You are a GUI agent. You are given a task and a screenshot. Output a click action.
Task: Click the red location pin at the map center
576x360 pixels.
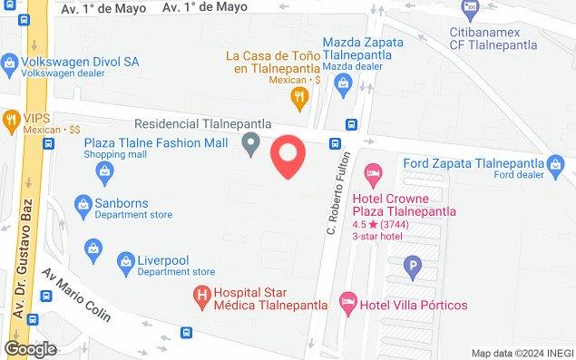coord(288,155)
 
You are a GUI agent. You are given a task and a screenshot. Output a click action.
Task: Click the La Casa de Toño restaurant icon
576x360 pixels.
coord(296,95)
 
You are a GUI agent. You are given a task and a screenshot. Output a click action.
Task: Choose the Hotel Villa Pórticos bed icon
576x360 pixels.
coord(346,303)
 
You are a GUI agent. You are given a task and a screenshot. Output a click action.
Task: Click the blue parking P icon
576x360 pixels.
coord(414,268)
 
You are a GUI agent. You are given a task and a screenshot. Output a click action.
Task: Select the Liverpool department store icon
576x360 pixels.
coord(124,264)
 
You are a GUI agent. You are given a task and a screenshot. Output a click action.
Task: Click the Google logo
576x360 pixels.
coord(30,349)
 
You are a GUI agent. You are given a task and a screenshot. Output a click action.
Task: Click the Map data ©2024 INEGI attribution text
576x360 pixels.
coord(521,353)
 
